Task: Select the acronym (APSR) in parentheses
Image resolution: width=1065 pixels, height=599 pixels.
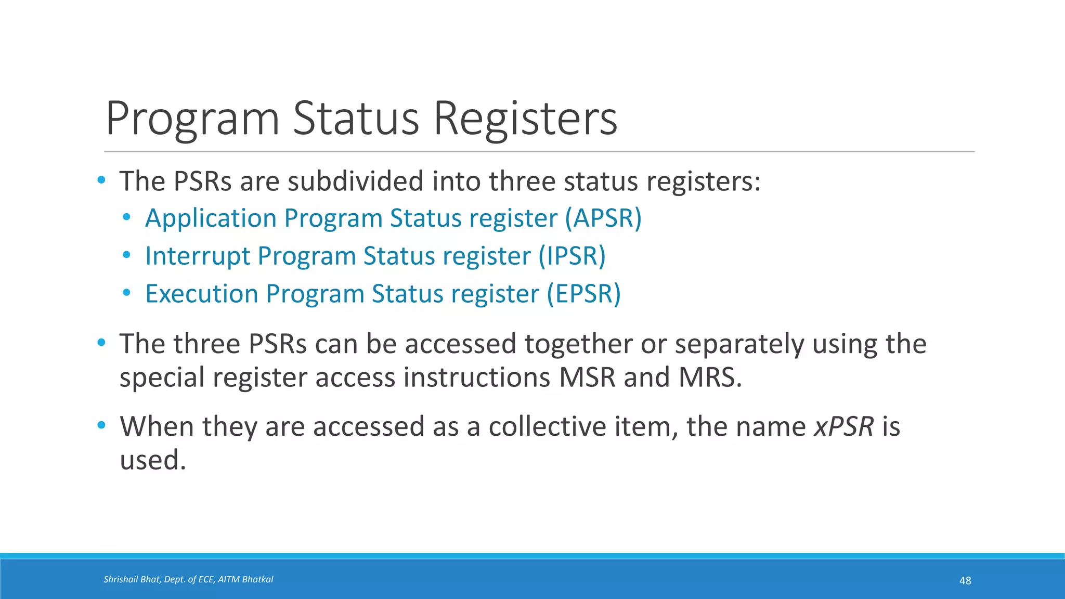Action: [x=603, y=218]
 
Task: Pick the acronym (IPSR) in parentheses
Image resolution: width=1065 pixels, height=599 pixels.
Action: [x=572, y=256]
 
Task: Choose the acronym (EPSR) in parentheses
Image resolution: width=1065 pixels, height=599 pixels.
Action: [x=583, y=294]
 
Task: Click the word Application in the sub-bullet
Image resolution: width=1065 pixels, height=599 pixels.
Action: [x=211, y=218]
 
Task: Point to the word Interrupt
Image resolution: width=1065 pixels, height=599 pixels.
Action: [x=197, y=256]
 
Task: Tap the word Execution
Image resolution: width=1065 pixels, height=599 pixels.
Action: [x=201, y=294]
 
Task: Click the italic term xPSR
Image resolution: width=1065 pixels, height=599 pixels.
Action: [x=843, y=426]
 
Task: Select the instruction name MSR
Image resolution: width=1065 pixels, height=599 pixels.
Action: [x=587, y=377]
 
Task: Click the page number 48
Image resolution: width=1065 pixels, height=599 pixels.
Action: [x=965, y=581]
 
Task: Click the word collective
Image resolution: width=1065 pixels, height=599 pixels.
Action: [x=547, y=426]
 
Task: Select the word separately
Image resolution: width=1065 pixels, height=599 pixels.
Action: [x=739, y=344]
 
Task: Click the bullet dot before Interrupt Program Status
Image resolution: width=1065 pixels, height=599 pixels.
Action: [x=126, y=255]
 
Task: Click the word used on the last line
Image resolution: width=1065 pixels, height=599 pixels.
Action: [x=152, y=460]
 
